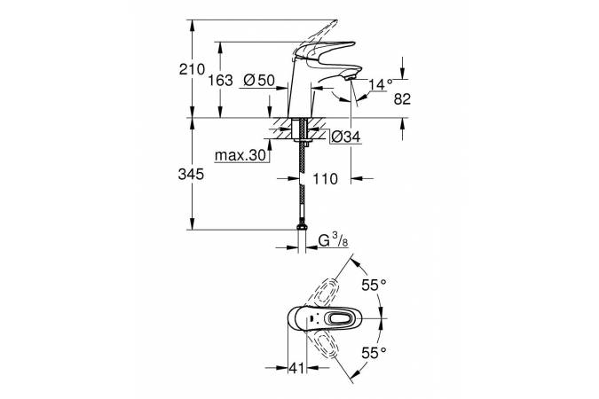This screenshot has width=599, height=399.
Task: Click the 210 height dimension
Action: pyautogui.click(x=192, y=69)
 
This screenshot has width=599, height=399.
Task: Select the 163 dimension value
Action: pyautogui.click(x=220, y=81)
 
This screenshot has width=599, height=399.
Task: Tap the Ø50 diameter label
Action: pyautogui.click(x=259, y=80)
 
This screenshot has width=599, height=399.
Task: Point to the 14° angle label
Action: pyautogui.click(x=381, y=84)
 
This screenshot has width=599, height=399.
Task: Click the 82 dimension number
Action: pyautogui.click(x=402, y=99)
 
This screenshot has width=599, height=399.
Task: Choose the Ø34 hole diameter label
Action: pyautogui.click(x=346, y=137)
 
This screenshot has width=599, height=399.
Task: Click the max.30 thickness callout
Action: pyautogui.click(x=240, y=155)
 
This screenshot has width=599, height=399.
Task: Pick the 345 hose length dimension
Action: pyautogui.click(x=191, y=175)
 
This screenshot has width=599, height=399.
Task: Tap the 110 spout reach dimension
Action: pyautogui.click(x=325, y=178)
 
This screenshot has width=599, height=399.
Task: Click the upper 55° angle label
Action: pyautogui.click(x=374, y=285)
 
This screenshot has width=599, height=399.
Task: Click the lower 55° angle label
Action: pyautogui.click(x=374, y=352)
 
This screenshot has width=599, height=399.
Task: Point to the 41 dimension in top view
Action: pyautogui.click(x=296, y=368)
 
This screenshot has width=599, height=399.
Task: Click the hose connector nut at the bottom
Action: pyautogui.click(x=302, y=227)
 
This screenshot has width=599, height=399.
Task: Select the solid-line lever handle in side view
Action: pyautogui.click(x=324, y=51)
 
